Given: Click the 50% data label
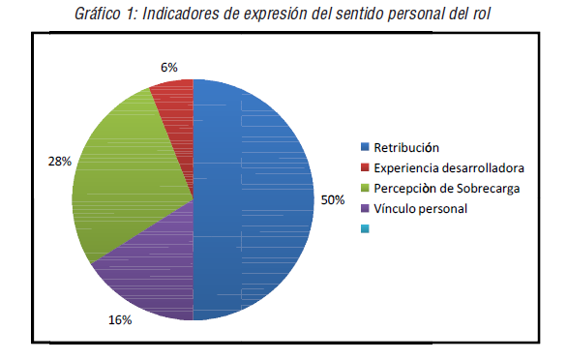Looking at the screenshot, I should [332, 199].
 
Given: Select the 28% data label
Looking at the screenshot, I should [59, 161].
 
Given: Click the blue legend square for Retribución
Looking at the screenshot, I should [365, 148].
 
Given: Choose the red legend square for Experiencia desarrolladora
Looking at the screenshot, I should [365, 168].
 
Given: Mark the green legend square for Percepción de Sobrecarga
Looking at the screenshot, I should [365, 188].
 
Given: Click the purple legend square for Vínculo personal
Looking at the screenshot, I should [365, 208].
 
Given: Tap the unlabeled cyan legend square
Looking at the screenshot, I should [365, 228].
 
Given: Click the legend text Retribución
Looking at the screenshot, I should [406, 148].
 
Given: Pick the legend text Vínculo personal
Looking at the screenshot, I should [420, 208].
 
